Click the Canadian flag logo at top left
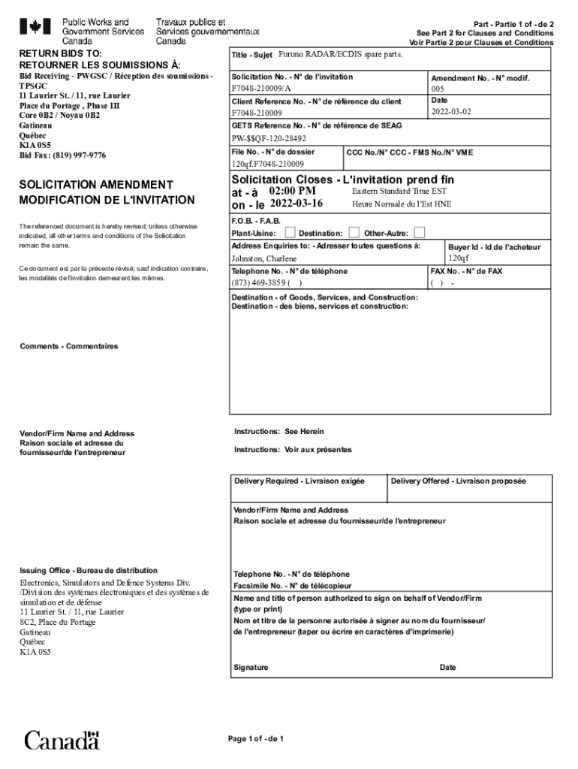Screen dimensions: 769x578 pyautogui.click(x=35, y=28)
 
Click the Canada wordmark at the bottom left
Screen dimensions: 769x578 pyautogui.click(x=62, y=740)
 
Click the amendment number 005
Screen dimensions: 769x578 pyautogui.click(x=438, y=89)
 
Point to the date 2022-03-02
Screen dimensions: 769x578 pyautogui.click(x=452, y=112)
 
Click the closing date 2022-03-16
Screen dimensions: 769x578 pyautogui.click(x=296, y=204)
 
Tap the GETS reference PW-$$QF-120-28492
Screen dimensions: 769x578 pyautogui.click(x=269, y=138)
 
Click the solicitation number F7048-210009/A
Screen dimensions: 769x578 pyautogui.click(x=260, y=89)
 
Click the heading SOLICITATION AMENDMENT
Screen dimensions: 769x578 pyautogui.click(x=96, y=185)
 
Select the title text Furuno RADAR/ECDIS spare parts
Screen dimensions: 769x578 pyautogui.click(x=340, y=56)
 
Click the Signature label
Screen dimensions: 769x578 pyautogui.click(x=251, y=668)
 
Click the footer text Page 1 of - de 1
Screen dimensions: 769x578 pyautogui.click(x=256, y=739)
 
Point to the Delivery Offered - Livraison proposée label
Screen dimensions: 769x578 pyautogui.click(x=458, y=481)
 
